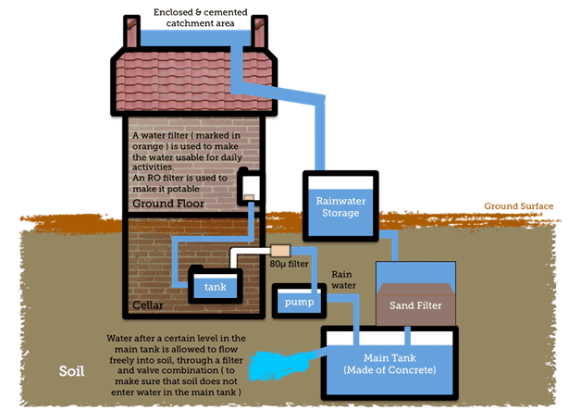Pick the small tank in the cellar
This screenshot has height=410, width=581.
point(215,286)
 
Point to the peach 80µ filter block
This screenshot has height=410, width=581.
point(279,251)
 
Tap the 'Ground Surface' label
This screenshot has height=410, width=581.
point(518,206)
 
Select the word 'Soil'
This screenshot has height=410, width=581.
point(69,374)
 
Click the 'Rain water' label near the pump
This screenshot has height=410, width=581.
point(343,280)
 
